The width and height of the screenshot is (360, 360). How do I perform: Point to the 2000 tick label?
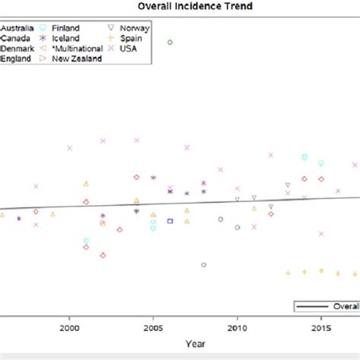coord(70,328)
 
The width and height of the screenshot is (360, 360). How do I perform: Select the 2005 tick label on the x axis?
coord(153,328)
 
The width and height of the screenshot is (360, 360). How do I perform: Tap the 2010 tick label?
coord(237,328)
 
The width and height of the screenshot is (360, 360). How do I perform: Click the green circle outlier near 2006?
coord(170,43)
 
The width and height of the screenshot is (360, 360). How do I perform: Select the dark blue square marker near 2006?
coord(170,221)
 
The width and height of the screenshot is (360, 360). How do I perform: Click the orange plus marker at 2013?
coord(287,272)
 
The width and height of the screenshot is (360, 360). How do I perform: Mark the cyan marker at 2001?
coord(86,241)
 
